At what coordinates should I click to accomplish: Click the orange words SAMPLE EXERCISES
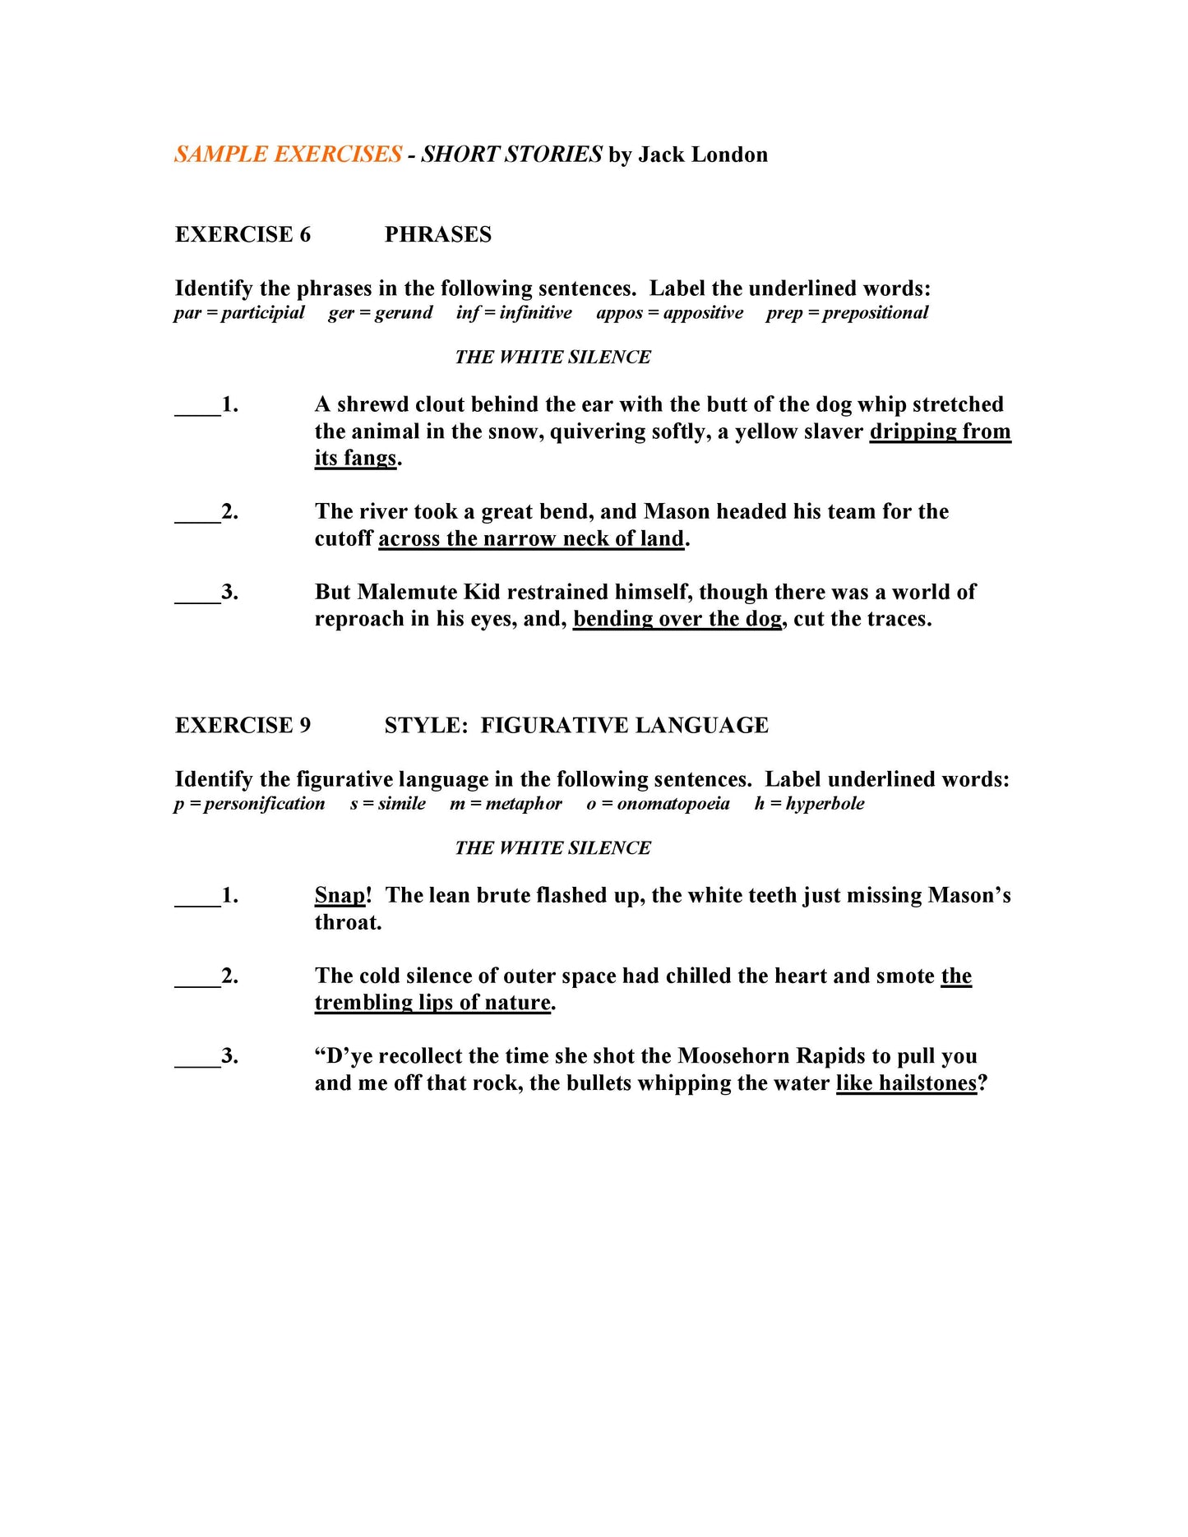(288, 155)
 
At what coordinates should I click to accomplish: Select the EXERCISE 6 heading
(243, 234)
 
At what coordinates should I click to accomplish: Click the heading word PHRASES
(437, 234)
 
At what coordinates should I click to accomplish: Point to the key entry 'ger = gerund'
(380, 313)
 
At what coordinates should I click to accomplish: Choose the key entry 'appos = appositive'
(669, 313)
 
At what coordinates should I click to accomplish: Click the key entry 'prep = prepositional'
(847, 313)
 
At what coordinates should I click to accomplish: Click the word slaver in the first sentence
(834, 432)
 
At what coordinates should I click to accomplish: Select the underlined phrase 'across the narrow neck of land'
(531, 539)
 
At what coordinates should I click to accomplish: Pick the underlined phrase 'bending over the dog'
(677, 619)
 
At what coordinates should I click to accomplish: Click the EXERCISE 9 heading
(243, 725)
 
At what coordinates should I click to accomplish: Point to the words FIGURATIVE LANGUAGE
(624, 725)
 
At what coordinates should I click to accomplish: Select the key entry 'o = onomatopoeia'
(658, 804)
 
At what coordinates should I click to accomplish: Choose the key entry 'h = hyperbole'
(809, 804)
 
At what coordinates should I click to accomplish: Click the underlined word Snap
(340, 895)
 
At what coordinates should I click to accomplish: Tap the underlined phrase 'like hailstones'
(906, 1083)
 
